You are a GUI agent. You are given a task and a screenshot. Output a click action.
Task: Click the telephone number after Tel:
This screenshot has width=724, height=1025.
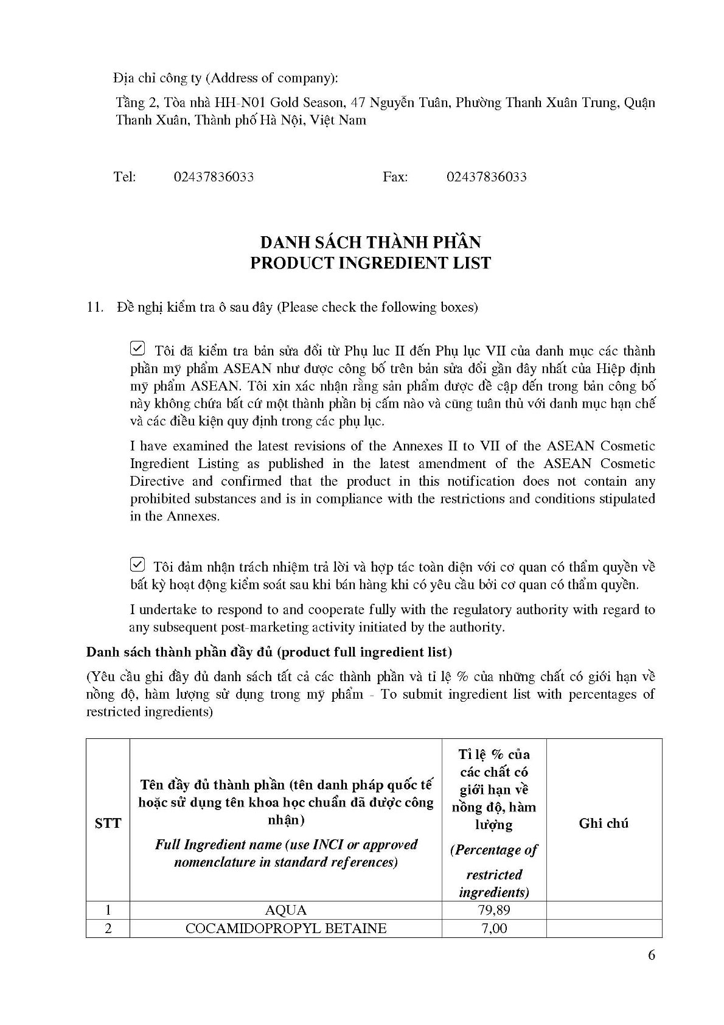[214, 177]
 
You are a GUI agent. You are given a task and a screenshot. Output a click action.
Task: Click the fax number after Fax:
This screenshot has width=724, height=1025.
[486, 177]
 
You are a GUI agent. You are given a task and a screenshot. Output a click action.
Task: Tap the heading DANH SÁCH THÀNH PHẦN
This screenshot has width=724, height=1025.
[371, 242]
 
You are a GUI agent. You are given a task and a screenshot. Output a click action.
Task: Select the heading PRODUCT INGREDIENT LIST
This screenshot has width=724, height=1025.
[371, 263]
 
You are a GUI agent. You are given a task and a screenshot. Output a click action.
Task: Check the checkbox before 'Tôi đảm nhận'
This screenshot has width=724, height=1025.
[137, 565]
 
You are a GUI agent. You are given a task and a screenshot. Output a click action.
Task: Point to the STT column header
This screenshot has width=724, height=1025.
[108, 823]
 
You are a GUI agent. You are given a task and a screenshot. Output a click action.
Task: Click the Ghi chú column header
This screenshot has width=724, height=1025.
[604, 823]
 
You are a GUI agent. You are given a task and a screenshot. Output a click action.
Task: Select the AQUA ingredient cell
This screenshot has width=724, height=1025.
[286, 911]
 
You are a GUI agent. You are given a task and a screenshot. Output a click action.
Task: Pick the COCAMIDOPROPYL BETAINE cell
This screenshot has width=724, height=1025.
[286, 929]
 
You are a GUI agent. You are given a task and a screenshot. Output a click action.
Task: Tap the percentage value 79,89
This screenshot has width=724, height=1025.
[493, 911]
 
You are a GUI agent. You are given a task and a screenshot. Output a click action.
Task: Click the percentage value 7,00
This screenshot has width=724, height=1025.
[493, 929]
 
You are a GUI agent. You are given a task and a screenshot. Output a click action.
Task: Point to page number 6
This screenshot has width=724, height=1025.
[652, 955]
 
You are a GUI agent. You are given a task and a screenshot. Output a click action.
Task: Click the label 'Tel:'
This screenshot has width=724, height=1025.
[125, 177]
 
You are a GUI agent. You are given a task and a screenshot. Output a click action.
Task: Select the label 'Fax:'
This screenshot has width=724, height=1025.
[395, 177]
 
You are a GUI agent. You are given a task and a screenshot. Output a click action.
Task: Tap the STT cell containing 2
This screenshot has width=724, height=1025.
[108, 929]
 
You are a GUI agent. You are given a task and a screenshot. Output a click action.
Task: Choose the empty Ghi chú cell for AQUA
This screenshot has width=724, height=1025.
[604, 911]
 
